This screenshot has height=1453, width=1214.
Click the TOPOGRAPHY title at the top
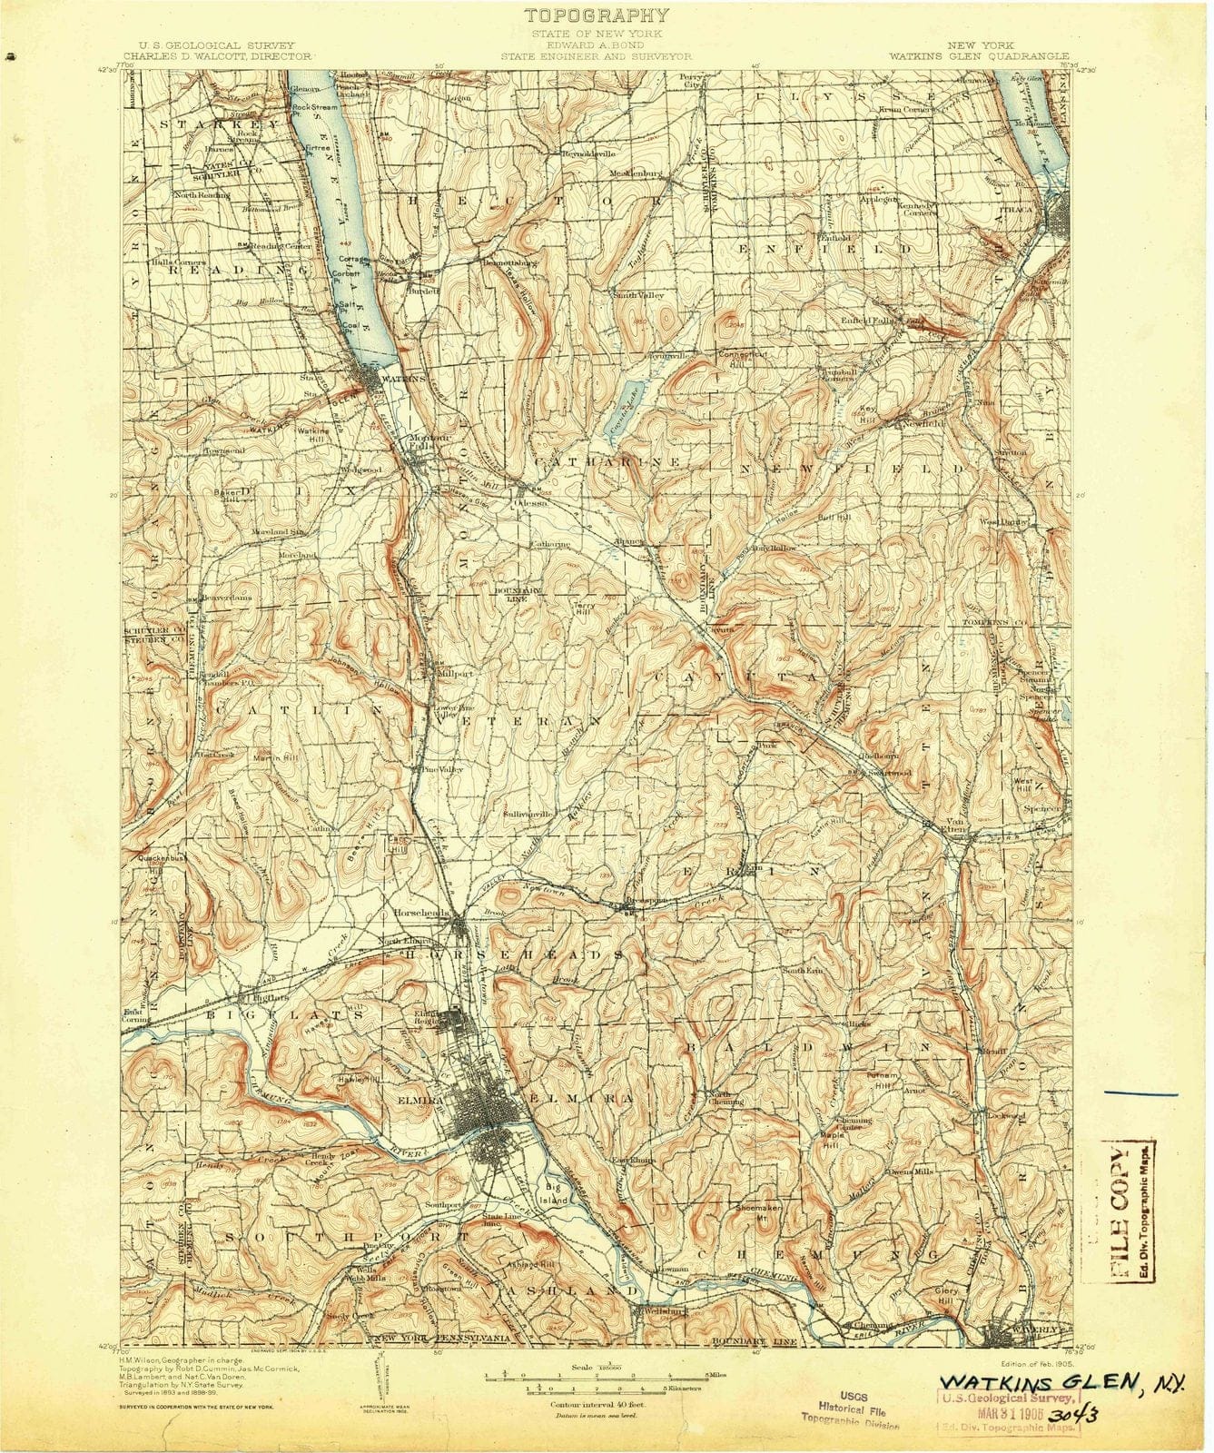point(597,15)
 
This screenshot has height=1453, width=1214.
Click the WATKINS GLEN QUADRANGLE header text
point(979,55)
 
